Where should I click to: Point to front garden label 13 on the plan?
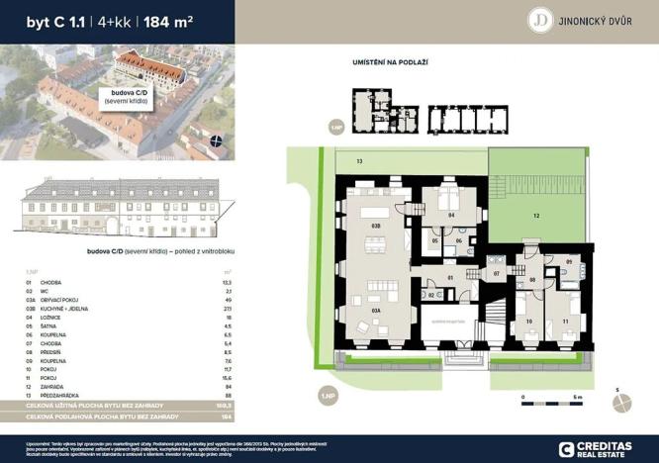[360, 159]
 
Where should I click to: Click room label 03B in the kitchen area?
[376, 227]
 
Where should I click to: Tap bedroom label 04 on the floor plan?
[449, 215]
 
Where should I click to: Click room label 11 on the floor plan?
[565, 322]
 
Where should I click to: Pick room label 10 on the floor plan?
[528, 322]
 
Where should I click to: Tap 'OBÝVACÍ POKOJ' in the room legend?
[58, 301]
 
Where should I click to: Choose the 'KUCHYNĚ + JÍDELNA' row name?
[63, 310]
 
